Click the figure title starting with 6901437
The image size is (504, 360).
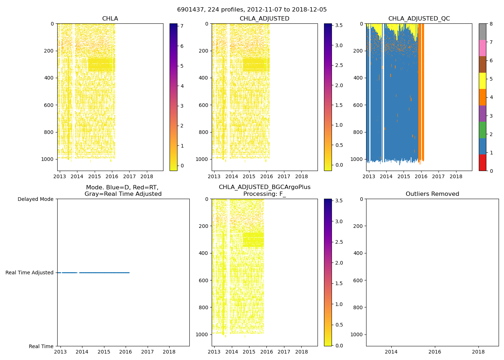tap(252, 10)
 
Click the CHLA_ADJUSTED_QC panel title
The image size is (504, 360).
tap(419, 19)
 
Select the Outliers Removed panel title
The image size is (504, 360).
tap(432, 194)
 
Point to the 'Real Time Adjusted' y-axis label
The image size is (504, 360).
tap(30, 273)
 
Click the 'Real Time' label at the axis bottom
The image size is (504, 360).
tap(41, 346)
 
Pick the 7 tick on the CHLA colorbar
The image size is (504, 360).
tap(182, 26)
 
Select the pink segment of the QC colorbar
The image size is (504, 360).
tap(482, 48)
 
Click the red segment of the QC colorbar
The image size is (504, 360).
tap(482, 162)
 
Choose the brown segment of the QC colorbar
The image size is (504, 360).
tap(482, 64)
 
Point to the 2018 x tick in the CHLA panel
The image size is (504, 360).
tap(147, 176)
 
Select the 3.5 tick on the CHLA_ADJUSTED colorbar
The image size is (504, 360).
tap(339, 25)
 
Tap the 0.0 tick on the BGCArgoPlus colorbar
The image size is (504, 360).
tap(339, 346)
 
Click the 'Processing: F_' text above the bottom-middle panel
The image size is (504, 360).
tap(265, 194)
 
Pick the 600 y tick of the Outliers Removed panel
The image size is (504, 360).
tap(357, 280)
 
